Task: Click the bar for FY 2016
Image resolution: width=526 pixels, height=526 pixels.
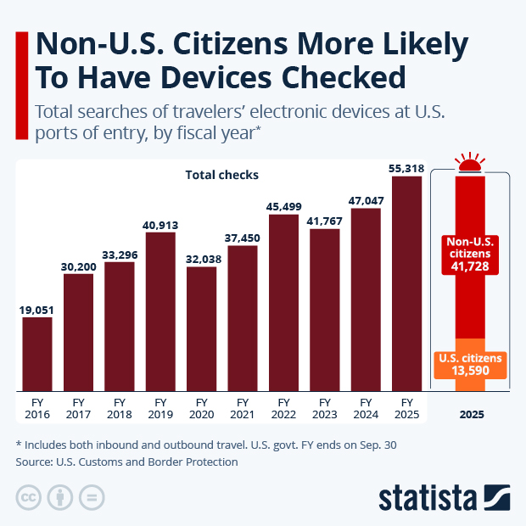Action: click(x=37, y=354)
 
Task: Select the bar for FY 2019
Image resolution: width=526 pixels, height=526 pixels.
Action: click(x=160, y=311)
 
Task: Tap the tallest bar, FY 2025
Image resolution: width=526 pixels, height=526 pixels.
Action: click(x=406, y=283)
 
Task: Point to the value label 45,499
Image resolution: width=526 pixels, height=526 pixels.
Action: click(x=283, y=205)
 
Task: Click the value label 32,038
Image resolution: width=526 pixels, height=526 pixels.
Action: click(x=201, y=257)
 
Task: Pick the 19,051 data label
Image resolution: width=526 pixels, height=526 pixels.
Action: click(x=37, y=308)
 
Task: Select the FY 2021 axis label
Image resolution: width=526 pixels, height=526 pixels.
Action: click(x=242, y=407)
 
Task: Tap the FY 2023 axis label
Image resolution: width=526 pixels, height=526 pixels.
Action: click(x=324, y=407)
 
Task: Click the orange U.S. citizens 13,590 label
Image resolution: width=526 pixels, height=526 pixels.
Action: click(x=470, y=365)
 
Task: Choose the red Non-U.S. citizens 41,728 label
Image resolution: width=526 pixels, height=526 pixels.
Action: click(x=470, y=255)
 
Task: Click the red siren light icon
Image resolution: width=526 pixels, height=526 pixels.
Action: click(x=470, y=163)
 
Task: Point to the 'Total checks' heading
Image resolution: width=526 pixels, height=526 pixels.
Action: click(x=221, y=175)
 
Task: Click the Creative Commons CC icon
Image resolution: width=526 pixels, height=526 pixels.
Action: click(x=30, y=496)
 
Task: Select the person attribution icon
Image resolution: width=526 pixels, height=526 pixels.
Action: click(x=60, y=496)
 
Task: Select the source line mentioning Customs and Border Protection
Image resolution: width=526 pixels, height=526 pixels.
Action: click(x=127, y=462)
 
